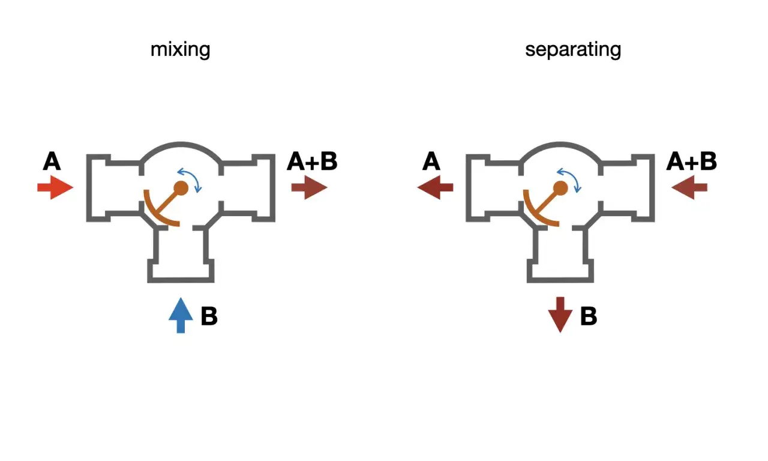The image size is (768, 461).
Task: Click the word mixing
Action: point(181,50)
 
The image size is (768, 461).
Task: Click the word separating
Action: point(573,50)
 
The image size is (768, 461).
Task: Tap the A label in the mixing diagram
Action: point(52,161)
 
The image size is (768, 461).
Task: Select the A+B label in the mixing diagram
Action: point(313,161)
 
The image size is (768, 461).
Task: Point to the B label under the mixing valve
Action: point(209,316)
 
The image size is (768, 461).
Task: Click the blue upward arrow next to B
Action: point(181,315)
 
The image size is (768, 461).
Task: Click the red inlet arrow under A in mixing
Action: point(55,187)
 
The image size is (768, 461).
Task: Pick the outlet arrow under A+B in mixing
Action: point(309,187)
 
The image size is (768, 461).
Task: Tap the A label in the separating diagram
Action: point(431,161)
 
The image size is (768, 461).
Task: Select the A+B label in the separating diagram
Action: point(692,161)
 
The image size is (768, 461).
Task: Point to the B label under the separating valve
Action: point(589,316)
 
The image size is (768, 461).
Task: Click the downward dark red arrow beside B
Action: point(560,315)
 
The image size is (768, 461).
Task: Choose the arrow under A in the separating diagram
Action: point(435,187)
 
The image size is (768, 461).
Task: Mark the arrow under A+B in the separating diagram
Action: point(689,187)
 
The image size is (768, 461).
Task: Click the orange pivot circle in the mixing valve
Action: point(181,188)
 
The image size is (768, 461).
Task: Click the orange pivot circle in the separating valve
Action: point(560,188)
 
